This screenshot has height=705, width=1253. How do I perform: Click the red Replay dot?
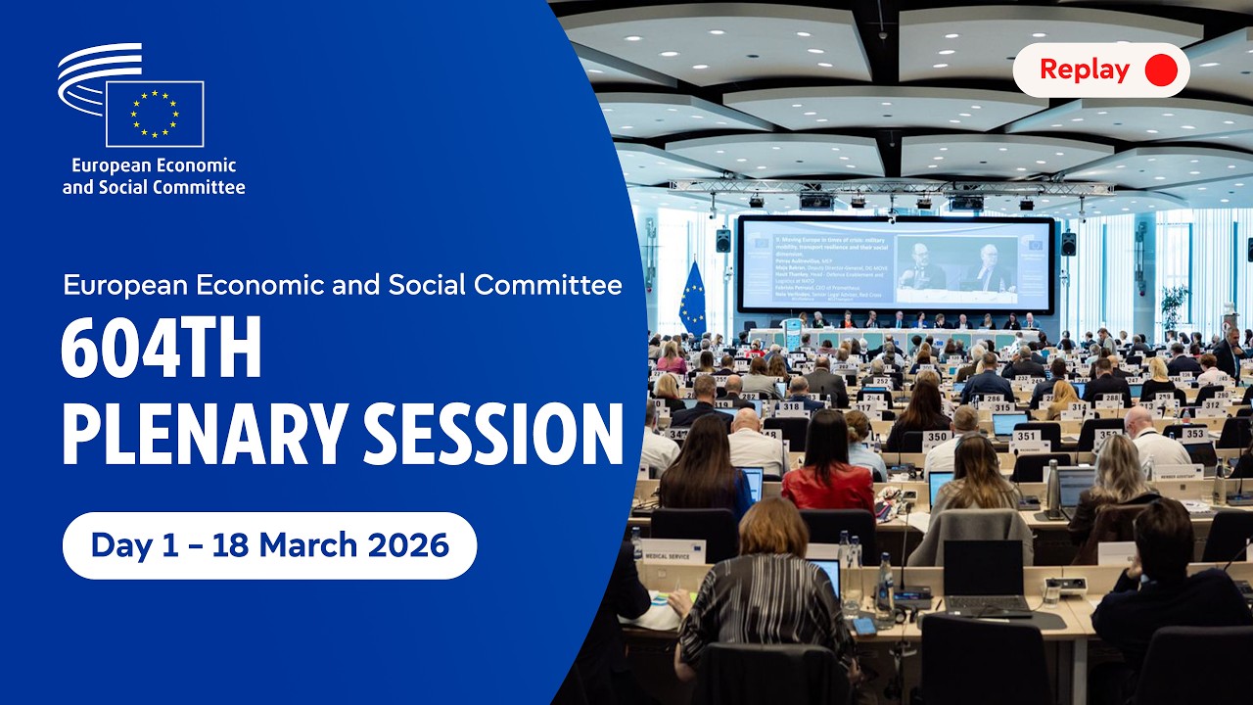click(x=1160, y=70)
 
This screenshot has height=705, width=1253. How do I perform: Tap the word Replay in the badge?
click(x=1084, y=70)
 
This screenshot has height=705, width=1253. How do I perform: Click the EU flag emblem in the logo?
click(x=155, y=114)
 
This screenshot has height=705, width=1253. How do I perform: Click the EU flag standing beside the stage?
click(x=692, y=299)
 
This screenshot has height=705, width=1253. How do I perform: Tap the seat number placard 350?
click(x=936, y=437)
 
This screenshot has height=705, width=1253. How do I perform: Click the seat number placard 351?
click(x=1027, y=437)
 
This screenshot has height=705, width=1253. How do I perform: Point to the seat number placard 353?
click(x=1193, y=433)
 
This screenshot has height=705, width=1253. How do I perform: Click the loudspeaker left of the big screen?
click(x=722, y=240)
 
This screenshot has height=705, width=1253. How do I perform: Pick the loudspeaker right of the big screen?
click(x=1068, y=244)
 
